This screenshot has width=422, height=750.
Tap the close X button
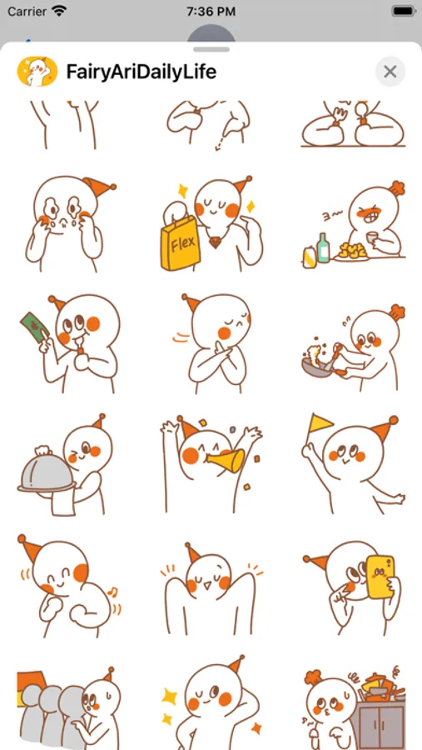click(390, 72)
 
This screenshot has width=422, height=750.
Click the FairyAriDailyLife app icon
click(37, 72)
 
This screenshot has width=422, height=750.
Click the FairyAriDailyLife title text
click(141, 72)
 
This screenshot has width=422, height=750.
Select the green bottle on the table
click(323, 247)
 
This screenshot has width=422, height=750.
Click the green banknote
click(34, 327)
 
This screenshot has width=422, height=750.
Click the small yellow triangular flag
click(320, 423)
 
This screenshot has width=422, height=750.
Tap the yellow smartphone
click(380, 577)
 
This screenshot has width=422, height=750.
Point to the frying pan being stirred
click(317, 366)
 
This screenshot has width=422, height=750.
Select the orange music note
click(113, 592)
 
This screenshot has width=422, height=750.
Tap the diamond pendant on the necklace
click(215, 242)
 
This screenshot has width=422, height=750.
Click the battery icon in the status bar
click(403, 12)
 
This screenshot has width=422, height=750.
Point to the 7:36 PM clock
click(211, 12)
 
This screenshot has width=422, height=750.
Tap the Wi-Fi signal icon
click(59, 12)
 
